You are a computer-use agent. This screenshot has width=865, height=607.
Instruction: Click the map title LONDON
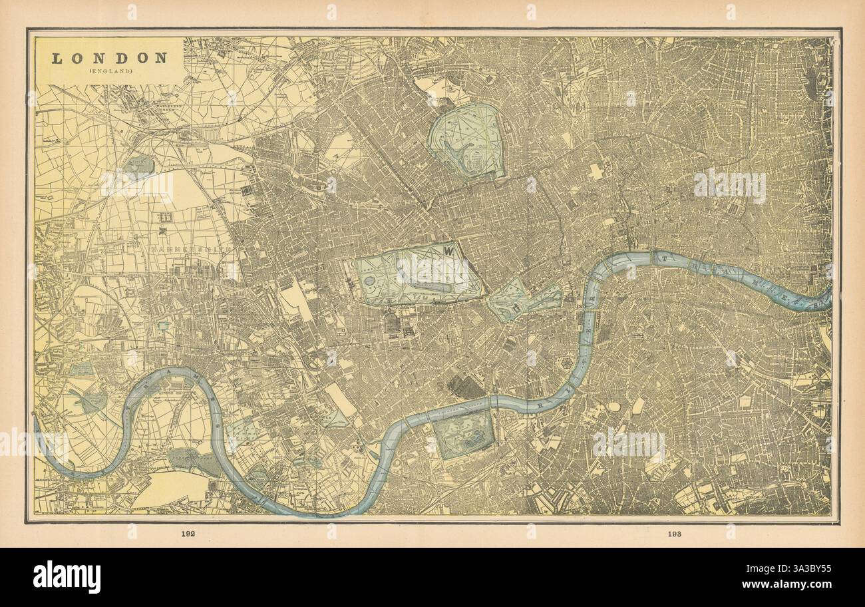coord(110,58)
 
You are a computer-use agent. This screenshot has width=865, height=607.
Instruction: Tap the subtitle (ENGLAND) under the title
coord(110,71)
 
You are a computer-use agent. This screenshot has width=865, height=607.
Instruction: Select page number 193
coord(673,534)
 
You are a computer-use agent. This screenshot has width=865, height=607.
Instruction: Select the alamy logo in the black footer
coord(67,576)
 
